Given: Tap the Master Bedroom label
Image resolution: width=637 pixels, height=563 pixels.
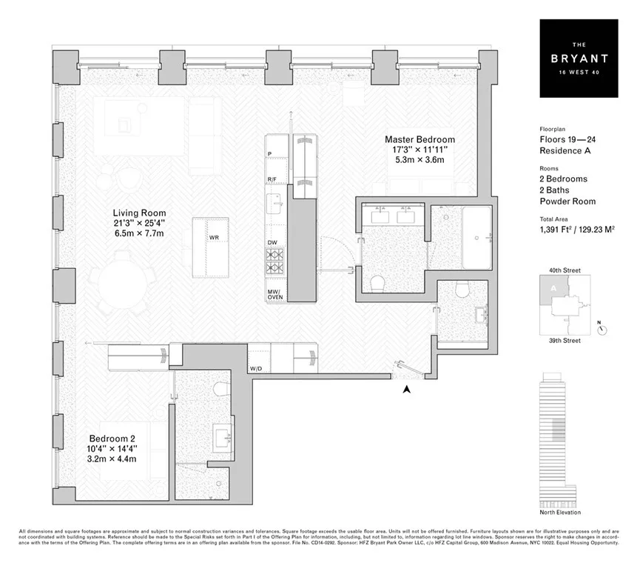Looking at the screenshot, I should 419,139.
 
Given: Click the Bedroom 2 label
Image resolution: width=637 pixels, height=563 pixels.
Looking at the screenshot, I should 112,438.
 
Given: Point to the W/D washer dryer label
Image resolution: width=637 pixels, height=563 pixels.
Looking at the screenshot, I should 256,368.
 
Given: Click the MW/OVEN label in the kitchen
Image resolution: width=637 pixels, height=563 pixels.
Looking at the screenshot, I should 275,295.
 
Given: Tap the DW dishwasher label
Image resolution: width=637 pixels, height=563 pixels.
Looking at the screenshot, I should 273,242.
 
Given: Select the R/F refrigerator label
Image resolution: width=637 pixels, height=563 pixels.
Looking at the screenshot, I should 273,180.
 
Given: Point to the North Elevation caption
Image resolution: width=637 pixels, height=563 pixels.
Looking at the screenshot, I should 560,513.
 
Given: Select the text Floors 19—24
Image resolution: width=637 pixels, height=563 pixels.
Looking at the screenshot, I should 565,139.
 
